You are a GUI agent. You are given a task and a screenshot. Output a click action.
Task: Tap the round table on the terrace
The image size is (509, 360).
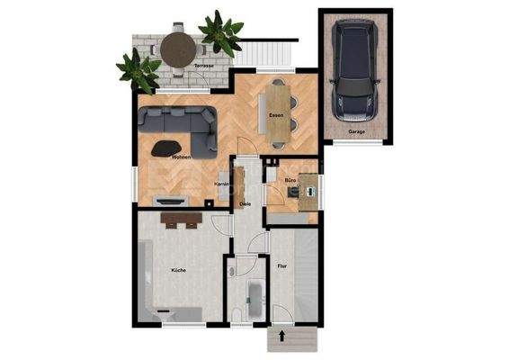(x=177, y=48)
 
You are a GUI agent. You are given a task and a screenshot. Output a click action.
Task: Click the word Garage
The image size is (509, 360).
(x=357, y=132)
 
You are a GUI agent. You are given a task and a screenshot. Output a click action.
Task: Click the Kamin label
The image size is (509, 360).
(x=220, y=184)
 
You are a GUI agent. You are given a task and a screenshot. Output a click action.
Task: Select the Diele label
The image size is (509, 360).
(x=244, y=204)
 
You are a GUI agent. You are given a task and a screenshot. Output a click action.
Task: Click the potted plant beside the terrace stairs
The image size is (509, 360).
(x=220, y=33)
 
